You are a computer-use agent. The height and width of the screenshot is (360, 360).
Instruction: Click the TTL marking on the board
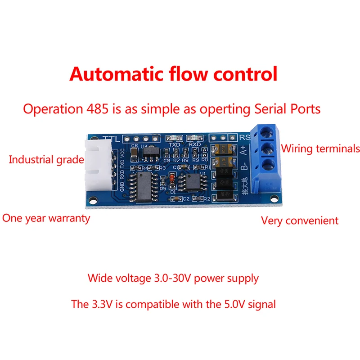pos(111,139)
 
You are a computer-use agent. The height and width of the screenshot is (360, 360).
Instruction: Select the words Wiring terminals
pos(320,148)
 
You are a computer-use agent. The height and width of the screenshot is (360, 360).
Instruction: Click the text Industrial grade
pos(46,159)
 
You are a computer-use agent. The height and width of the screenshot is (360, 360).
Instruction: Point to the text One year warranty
pos(46,218)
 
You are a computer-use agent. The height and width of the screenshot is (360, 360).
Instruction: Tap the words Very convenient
pos(300,220)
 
